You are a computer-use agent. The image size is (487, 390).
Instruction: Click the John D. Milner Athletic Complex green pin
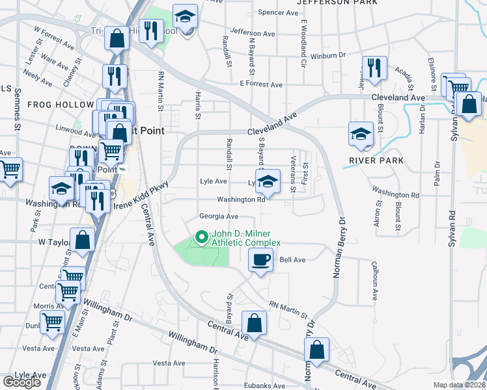202,237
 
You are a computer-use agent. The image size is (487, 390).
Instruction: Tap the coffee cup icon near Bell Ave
260,261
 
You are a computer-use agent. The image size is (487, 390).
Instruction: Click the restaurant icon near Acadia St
374,68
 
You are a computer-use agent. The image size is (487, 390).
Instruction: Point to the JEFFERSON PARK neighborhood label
337,3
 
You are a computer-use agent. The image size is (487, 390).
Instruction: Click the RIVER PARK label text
376,161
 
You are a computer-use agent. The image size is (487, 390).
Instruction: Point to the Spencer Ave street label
278,12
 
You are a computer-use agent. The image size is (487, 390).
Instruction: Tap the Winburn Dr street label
327,56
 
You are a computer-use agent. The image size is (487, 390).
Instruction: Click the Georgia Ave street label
219,216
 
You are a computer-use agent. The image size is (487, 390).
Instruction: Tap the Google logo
21,382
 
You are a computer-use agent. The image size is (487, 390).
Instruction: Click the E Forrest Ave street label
261,84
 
